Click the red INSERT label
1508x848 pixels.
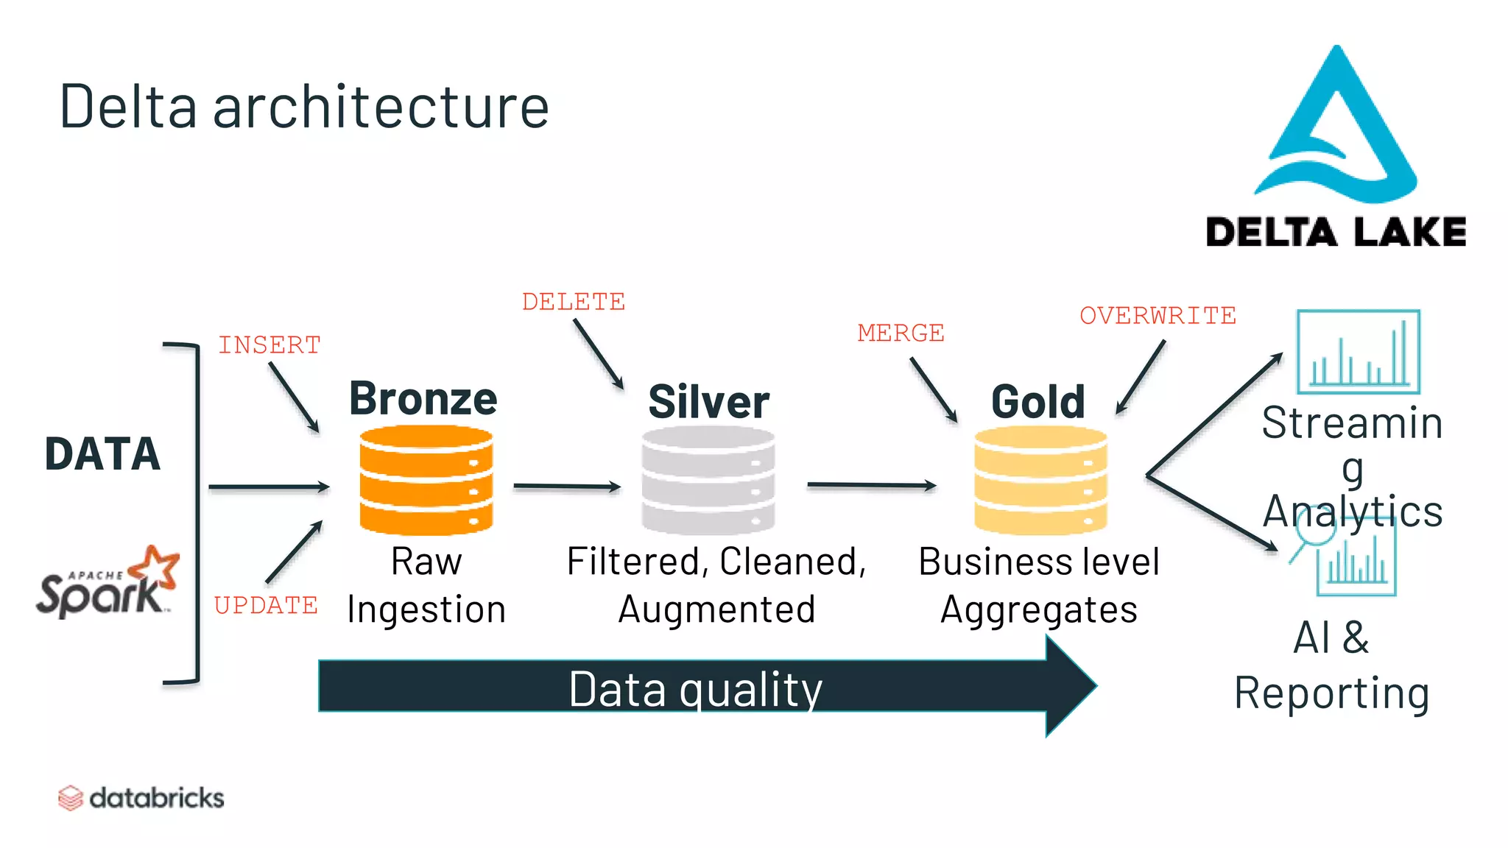tap(269, 344)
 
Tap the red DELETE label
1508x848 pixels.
tap(573, 302)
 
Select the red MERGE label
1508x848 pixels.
tap(901, 333)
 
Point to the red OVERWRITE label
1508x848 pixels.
tap(1158, 315)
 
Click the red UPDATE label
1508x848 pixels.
tap(266, 605)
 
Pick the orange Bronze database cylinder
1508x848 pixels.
tap(426, 480)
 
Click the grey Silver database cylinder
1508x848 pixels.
tap(708, 480)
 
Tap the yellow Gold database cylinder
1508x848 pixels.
tap(1040, 480)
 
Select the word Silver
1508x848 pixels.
tap(708, 402)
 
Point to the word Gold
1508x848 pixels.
tap(1038, 402)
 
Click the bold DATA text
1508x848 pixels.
tap(102, 453)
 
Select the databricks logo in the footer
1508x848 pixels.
tap(141, 798)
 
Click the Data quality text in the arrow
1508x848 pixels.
tap(695, 689)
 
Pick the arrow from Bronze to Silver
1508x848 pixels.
tap(567, 486)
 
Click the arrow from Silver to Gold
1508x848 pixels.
tap(871, 485)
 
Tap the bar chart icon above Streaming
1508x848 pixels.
tap(1358, 352)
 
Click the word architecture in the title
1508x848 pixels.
tap(381, 107)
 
